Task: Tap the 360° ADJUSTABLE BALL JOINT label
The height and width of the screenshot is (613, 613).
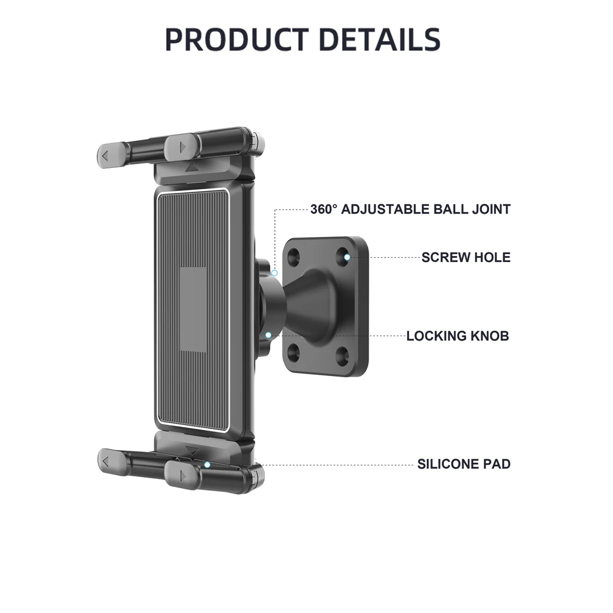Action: pyautogui.click(x=410, y=209)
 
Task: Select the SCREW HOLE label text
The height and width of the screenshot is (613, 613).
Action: pyautogui.click(x=465, y=257)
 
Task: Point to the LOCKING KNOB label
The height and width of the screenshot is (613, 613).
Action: pyautogui.click(x=457, y=336)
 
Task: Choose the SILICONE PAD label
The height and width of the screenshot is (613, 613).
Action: pyautogui.click(x=464, y=464)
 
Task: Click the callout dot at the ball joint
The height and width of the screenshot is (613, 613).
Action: pyautogui.click(x=275, y=272)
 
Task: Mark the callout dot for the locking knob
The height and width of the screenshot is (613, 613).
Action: pyautogui.click(x=269, y=335)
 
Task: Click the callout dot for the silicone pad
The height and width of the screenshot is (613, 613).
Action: pyautogui.click(x=207, y=465)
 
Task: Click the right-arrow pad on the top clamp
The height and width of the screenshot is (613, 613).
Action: pyautogui.click(x=182, y=147)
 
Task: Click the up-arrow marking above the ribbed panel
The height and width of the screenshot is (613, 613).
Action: pyautogui.click(x=192, y=167)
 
